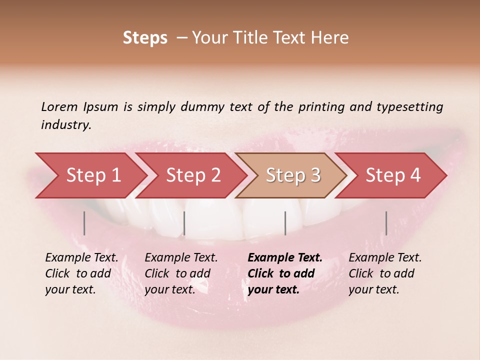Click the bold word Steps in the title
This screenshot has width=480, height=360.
tap(145, 38)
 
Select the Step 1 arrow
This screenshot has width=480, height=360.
tap(90, 175)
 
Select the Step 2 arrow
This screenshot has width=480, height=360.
tap(191, 175)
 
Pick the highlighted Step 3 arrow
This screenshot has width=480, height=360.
tap(291, 175)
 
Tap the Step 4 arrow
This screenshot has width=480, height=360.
tap(391, 175)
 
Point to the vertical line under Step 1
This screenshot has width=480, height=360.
tap(84, 223)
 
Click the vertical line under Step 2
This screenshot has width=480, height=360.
tap(184, 223)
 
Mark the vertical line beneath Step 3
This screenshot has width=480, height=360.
tap(285, 223)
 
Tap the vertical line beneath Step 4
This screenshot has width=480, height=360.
tap(386, 223)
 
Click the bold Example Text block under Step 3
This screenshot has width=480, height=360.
tap(285, 273)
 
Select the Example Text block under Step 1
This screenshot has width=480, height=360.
tap(81, 273)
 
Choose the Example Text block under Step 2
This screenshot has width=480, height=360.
tap(181, 273)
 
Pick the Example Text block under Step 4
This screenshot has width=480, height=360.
tap(385, 273)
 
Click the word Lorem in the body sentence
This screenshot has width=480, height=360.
tap(59, 107)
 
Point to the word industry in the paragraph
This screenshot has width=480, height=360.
tap(65, 125)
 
